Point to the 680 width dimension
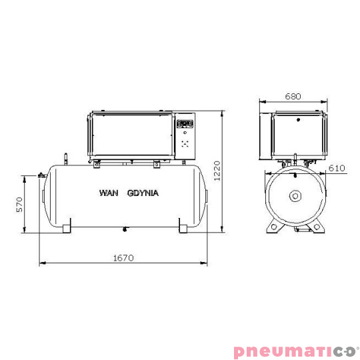coord(293,96)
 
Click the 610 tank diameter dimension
coord(336,168)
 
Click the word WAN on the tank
coord(108,193)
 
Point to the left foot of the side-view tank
coord(66,229)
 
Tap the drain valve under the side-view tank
coord(124,229)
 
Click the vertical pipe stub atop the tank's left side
coord(65,159)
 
